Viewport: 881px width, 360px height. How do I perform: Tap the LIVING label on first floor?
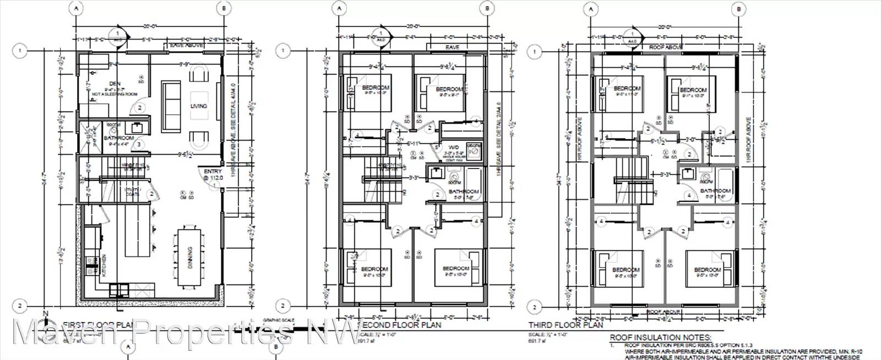pos(199,106)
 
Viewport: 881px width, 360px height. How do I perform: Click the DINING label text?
pos(190,266)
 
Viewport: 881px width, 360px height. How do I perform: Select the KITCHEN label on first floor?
pos(103,266)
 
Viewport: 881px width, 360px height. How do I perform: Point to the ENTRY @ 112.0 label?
pos(212,174)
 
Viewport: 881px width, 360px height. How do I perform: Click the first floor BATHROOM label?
pos(119,138)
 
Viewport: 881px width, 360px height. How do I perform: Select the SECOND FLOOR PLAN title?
pos(399,325)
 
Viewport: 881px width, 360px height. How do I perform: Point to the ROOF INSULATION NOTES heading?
pos(660,338)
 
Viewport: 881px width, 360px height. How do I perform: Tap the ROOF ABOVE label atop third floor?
pos(666,47)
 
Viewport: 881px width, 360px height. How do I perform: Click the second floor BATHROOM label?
pos(464,192)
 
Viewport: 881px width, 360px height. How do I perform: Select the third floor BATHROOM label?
pos(715,191)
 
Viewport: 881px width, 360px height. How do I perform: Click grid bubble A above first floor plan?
pos(77,9)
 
